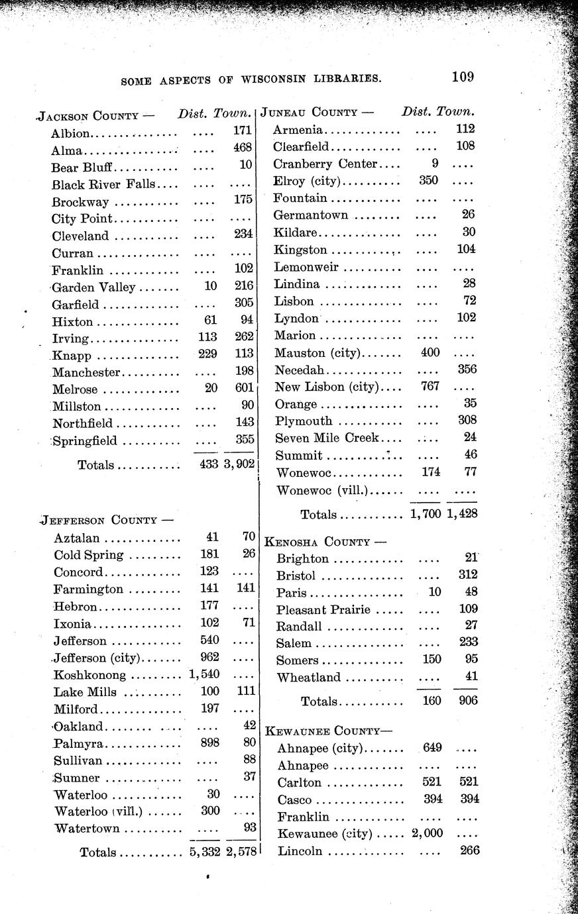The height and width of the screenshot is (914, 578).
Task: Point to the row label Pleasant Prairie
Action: pyautogui.click(x=323, y=609)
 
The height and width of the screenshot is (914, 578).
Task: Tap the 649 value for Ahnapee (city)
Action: pyautogui.click(x=432, y=748)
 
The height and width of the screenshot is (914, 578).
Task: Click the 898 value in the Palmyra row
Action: pyautogui.click(x=209, y=742)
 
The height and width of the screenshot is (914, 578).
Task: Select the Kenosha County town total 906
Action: pyautogui.click(x=467, y=701)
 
